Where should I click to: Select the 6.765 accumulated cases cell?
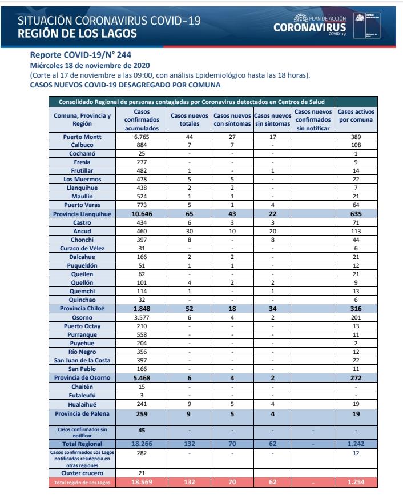(141, 138)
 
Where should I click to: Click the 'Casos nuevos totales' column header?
(190, 119)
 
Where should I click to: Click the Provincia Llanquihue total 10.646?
(141, 214)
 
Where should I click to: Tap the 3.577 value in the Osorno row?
(141, 316)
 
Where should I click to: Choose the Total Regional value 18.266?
(141, 443)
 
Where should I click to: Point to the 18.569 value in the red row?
(141, 483)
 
